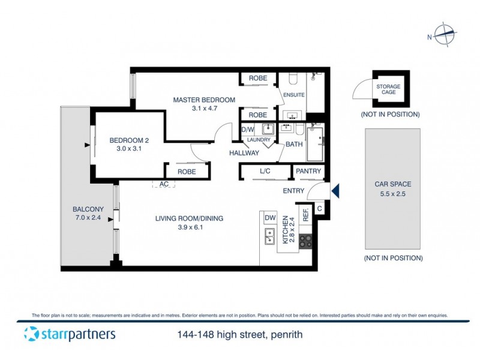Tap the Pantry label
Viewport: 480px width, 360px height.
308,171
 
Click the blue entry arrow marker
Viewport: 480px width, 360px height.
335,191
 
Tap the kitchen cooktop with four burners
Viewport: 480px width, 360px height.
305,241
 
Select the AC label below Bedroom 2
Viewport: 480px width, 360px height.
164,185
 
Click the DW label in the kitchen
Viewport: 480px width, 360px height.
269,217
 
